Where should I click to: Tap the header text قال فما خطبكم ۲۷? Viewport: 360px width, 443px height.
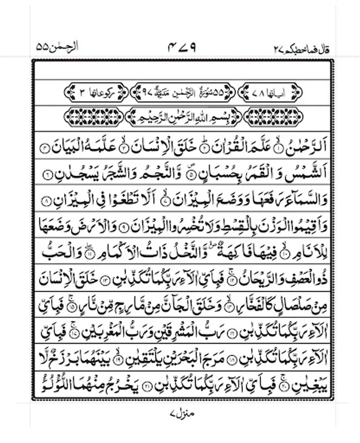301,49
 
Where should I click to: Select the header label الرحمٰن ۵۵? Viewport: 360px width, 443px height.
58,48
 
